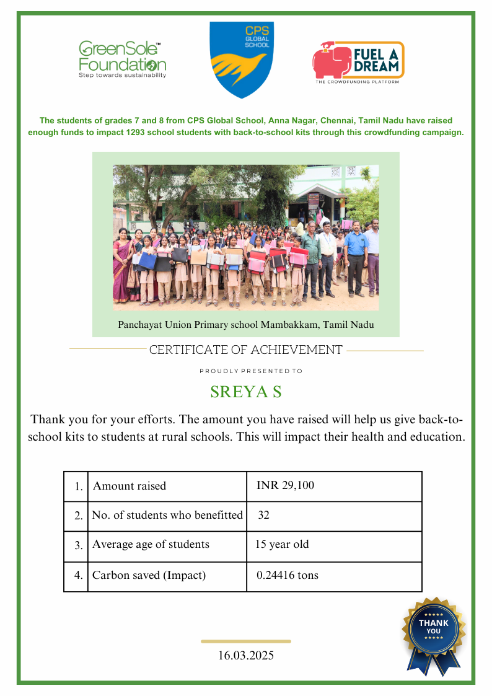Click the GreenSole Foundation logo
(122, 59)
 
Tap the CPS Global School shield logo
(241, 59)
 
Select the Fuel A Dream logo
(358, 62)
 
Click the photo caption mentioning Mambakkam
(246, 324)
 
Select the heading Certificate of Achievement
(246, 350)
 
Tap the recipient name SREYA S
(246, 392)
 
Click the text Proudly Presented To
(251, 371)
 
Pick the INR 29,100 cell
(285, 486)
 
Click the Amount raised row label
(130, 486)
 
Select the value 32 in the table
(263, 515)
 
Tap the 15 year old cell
(282, 545)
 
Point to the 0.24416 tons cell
(287, 575)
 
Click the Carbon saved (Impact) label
(149, 575)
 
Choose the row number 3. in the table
(78, 546)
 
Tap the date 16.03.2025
(246, 655)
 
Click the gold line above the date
(246, 641)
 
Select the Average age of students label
(151, 545)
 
